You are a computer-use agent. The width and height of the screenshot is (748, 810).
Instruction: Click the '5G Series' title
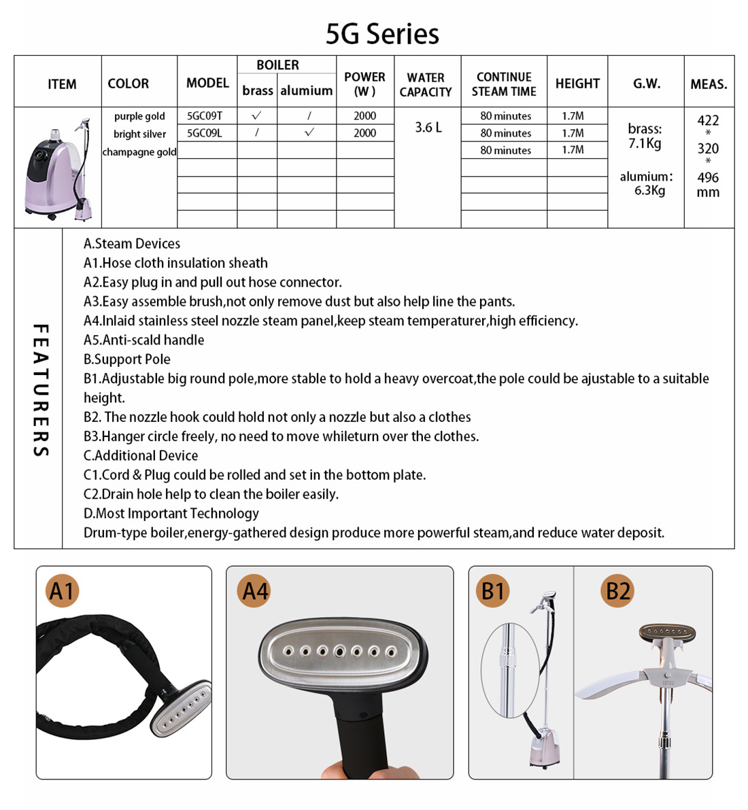(382, 34)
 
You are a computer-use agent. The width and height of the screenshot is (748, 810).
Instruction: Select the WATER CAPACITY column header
(426, 84)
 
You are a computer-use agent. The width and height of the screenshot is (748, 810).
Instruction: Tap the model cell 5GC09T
(204, 116)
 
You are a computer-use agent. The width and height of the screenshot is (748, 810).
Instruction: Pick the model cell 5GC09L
(204, 133)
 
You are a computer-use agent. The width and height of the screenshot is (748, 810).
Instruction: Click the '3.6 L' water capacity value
(428, 127)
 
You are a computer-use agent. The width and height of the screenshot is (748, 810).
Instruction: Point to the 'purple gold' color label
(139, 116)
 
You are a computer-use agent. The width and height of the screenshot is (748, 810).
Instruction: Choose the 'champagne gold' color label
(139, 152)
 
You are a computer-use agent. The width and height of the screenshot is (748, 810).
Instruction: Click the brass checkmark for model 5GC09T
(256, 116)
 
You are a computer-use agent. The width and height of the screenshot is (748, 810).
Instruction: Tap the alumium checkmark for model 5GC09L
(309, 133)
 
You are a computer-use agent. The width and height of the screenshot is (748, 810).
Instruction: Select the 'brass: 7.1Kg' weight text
(645, 136)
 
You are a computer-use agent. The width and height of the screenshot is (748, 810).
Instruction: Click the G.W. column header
(646, 84)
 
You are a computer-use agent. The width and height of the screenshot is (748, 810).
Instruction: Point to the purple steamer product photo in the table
(58, 170)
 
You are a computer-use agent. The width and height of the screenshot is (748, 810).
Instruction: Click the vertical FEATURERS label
(41, 389)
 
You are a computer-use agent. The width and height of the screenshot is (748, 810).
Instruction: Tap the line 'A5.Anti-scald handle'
(143, 340)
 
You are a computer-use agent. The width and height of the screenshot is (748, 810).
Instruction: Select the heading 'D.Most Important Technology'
(171, 513)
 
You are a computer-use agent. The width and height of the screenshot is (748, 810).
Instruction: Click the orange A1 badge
(62, 591)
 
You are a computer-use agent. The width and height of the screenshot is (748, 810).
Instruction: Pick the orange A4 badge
(255, 591)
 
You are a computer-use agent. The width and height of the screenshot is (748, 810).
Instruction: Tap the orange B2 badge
(617, 591)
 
